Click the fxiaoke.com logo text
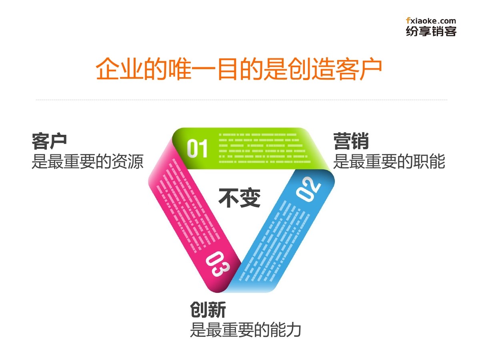pyautogui.click(x=431, y=20)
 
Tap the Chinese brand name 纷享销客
pyautogui.click(x=431, y=31)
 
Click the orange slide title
pyautogui.click(x=239, y=69)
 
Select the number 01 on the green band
pyautogui.click(x=198, y=148)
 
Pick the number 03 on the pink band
pyautogui.click(x=217, y=264)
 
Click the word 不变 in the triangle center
pyautogui.click(x=239, y=198)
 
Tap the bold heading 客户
pyautogui.click(x=49, y=141)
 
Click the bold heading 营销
pyautogui.click(x=351, y=141)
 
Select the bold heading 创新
pyautogui.click(x=208, y=310)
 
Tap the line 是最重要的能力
pyautogui.click(x=245, y=330)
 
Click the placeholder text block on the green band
pyautogui.click(x=264, y=148)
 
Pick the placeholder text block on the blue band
pyautogui.click(x=276, y=240)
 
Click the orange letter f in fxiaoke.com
pyautogui.click(x=408, y=20)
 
